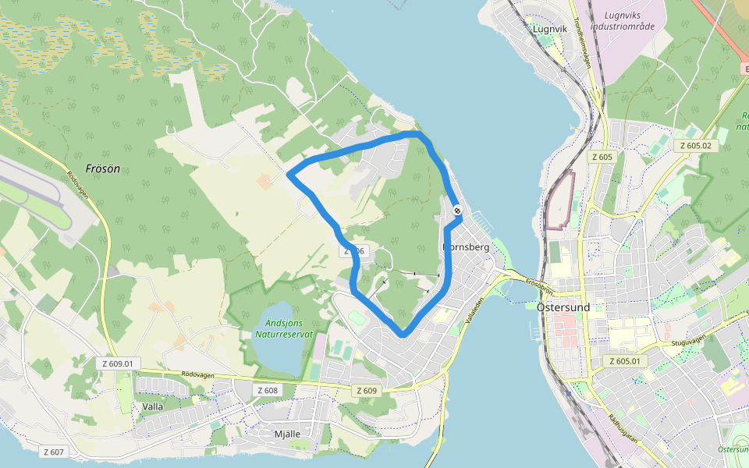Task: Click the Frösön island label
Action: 103,168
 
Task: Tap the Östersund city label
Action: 563,307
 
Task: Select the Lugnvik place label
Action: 549,29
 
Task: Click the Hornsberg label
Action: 467,247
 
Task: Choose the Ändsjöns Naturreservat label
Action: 283,329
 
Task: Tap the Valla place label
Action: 153,406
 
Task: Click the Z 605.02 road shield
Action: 695,145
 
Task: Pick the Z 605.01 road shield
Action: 627,361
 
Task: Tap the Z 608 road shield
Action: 267,390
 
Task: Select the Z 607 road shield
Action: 54,452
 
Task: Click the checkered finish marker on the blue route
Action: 456,211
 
